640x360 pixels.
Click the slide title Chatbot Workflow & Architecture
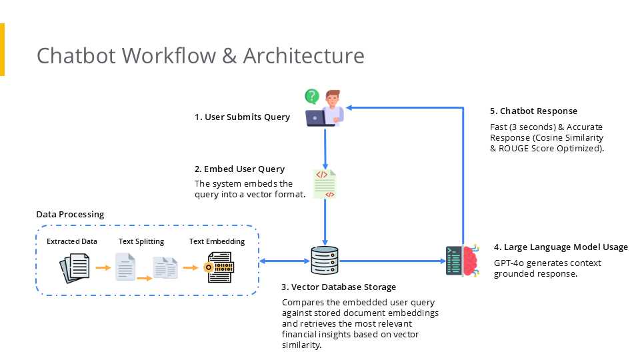pyautogui.click(x=200, y=55)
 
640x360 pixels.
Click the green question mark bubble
pyautogui.click(x=311, y=97)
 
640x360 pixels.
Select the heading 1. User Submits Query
pyautogui.click(x=242, y=117)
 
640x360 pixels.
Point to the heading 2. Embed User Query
pyautogui.click(x=239, y=169)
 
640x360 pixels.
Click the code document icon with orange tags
pyautogui.click(x=325, y=184)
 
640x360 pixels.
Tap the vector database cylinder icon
pyautogui.click(x=325, y=261)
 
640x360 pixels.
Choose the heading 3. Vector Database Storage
pyautogui.click(x=339, y=287)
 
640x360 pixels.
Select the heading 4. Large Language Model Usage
pyautogui.click(x=561, y=247)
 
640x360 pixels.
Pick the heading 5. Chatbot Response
pyautogui.click(x=533, y=111)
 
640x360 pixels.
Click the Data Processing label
pyautogui.click(x=70, y=215)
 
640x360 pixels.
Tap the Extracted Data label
pyautogui.click(x=72, y=241)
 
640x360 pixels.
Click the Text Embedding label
pyautogui.click(x=217, y=241)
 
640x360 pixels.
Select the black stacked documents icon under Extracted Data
pyautogui.click(x=73, y=268)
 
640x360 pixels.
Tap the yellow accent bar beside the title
pyautogui.click(x=2, y=49)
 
